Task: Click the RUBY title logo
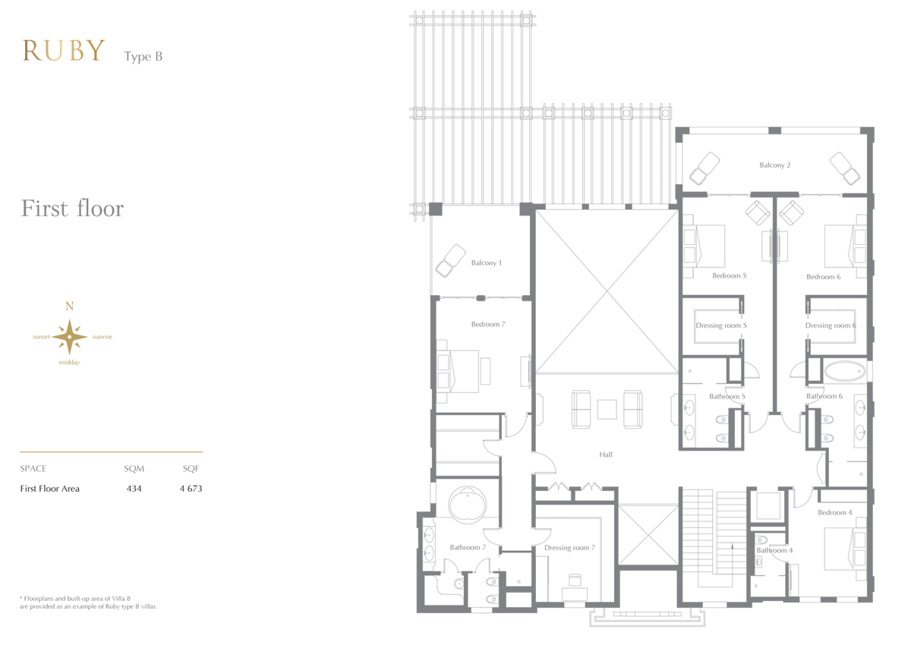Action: pos(64,50)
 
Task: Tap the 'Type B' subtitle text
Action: pos(143,56)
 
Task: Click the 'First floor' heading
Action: pos(72,208)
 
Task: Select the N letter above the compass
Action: pos(70,306)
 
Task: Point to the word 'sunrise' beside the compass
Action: pos(102,337)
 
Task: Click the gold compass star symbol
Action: pos(70,337)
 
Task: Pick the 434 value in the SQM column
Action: pos(134,489)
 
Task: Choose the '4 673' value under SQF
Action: pos(191,489)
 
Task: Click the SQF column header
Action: pos(191,469)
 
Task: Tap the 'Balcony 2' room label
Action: pos(775,165)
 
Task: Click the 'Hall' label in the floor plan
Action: pos(606,455)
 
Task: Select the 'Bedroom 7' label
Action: pos(488,324)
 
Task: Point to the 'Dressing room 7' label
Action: pos(569,547)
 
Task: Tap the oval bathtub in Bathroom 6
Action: pos(844,370)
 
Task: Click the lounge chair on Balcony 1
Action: pos(451,260)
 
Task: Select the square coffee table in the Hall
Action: pos(607,409)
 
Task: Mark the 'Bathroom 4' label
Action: pos(774,550)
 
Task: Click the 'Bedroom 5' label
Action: pos(730,275)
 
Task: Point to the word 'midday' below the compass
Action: pos(70,363)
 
